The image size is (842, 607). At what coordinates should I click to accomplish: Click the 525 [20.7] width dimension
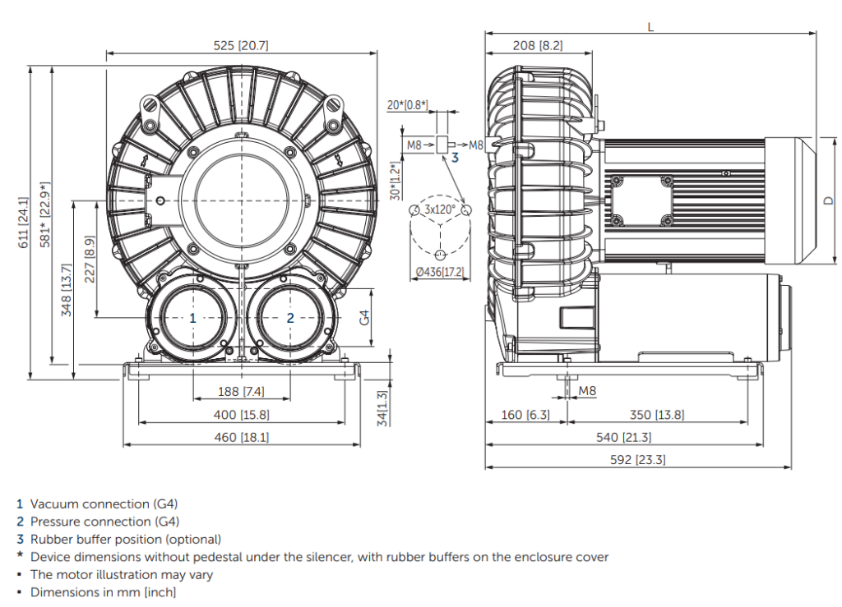tap(241, 46)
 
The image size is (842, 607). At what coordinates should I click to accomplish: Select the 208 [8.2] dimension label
tap(538, 46)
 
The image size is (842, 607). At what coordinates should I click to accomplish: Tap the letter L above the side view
tap(650, 26)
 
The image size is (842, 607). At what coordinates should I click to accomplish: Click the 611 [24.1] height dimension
tap(24, 222)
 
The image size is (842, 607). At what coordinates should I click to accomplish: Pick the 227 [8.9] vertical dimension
tap(89, 259)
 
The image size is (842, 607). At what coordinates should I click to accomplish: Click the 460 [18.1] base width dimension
tap(241, 438)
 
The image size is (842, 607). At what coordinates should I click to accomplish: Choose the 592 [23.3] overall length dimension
tap(638, 459)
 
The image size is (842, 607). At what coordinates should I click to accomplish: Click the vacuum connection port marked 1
tap(192, 317)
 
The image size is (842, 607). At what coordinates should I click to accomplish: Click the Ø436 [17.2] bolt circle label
tap(440, 271)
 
